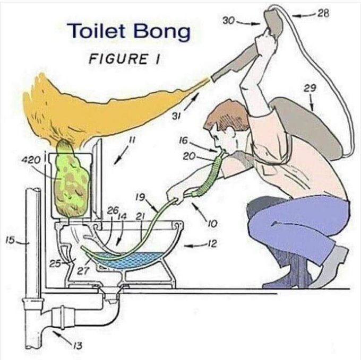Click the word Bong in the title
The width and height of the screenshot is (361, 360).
click(x=162, y=32)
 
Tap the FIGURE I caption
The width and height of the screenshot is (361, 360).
click(x=124, y=58)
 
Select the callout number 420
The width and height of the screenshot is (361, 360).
click(x=31, y=160)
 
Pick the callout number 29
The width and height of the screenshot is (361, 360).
click(x=311, y=89)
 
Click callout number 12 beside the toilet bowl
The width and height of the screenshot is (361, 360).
click(x=212, y=244)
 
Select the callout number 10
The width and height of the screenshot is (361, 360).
click(x=212, y=224)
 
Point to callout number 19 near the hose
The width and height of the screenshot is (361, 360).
click(x=140, y=197)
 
